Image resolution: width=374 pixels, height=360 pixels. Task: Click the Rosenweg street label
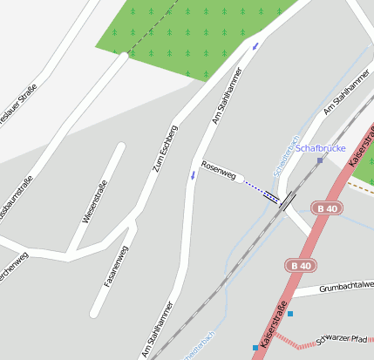pyautogui.click(x=219, y=170)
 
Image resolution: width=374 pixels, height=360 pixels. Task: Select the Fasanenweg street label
pyautogui.click(x=117, y=266)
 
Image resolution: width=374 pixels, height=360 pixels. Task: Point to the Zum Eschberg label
pyautogui.click(x=166, y=146)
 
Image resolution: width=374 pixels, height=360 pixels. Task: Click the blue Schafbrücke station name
pyautogui.click(x=322, y=148)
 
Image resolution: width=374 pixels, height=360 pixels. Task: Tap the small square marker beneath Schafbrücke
pyautogui.click(x=320, y=160)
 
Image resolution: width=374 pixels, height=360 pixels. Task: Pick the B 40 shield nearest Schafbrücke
pyautogui.click(x=328, y=208)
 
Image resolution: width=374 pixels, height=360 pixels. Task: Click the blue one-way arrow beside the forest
pyautogui.click(x=255, y=44)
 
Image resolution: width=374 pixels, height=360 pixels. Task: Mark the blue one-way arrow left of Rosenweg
pyautogui.click(x=192, y=175)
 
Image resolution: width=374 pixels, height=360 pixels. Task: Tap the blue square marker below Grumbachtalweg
pyautogui.click(x=289, y=314)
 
